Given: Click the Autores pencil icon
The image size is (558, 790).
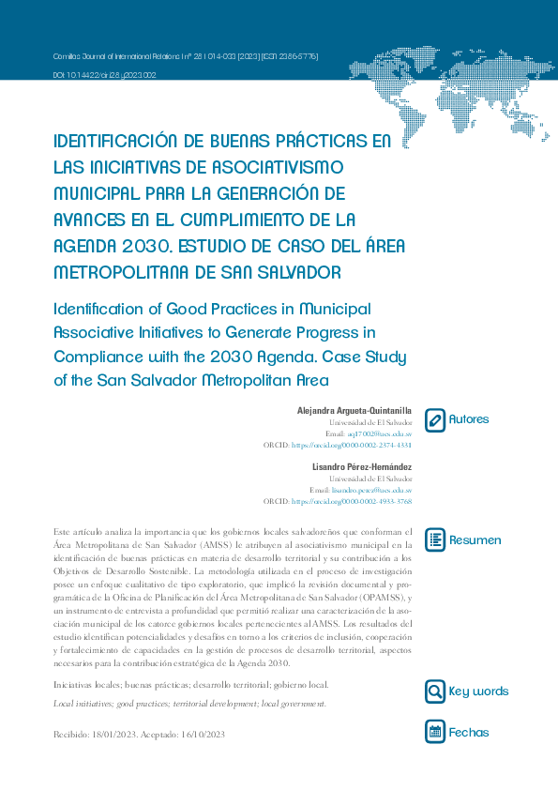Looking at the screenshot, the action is coord(435,419).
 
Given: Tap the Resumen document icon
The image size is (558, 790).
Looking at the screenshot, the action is coord(435,539).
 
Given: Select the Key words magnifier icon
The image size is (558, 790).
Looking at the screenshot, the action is coord(435,691).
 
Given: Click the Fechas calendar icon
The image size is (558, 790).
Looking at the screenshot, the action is coord(435,732).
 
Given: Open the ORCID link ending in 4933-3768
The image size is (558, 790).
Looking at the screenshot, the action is coord(352,502).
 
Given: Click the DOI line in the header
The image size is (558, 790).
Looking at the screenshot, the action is coord(104,74).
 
